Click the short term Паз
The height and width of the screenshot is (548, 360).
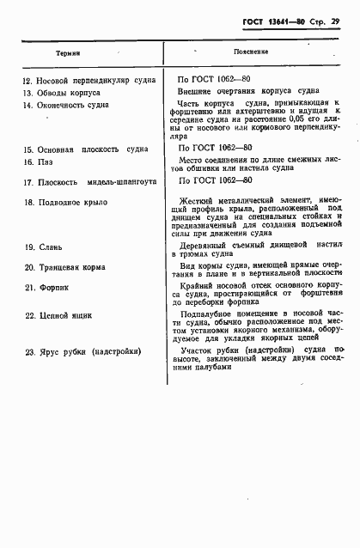point(43,161)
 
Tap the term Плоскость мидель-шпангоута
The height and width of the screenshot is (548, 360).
point(95,182)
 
